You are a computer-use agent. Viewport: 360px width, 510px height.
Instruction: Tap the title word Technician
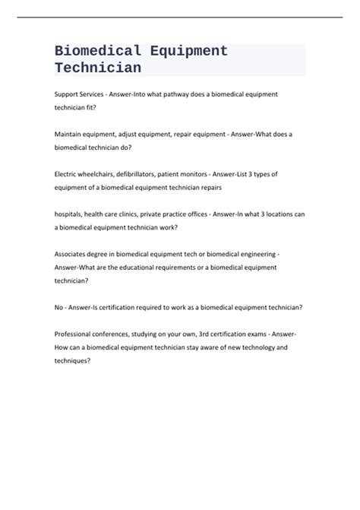pyautogui.click(x=97, y=68)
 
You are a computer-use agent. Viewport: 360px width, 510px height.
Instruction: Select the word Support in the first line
pyautogui.click(x=68, y=93)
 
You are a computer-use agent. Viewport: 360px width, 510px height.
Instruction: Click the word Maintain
pyautogui.click(x=70, y=134)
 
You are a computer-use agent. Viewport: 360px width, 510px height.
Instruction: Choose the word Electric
pyautogui.click(x=67, y=174)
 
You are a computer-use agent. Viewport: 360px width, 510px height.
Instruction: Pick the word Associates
pyautogui.click(x=73, y=255)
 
